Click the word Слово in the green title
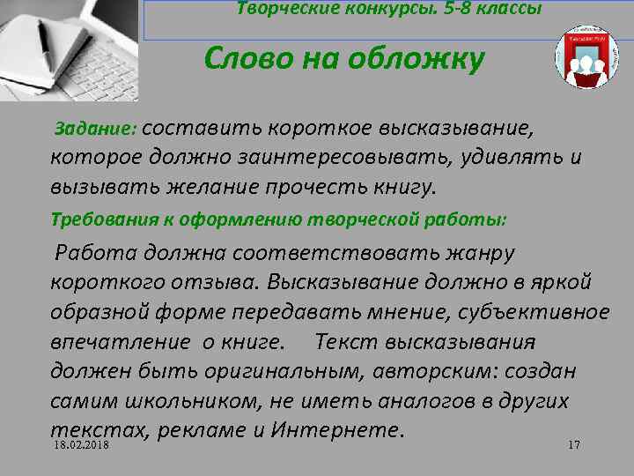(x=244, y=60)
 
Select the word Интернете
(x=338, y=430)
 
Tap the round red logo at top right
(x=579, y=59)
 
